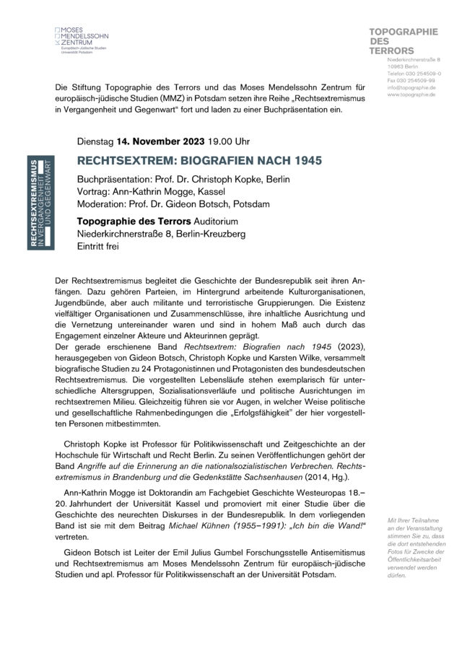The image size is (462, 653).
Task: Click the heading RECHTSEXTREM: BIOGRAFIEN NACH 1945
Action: click(199, 159)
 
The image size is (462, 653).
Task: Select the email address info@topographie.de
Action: click(411, 87)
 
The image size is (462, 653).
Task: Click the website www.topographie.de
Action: click(411, 95)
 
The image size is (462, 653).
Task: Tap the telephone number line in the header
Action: click(414, 74)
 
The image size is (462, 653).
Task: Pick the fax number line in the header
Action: click(410, 80)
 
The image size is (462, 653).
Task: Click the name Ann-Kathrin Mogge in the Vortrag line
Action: click(152, 191)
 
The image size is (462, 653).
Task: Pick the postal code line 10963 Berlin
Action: click(403, 66)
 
